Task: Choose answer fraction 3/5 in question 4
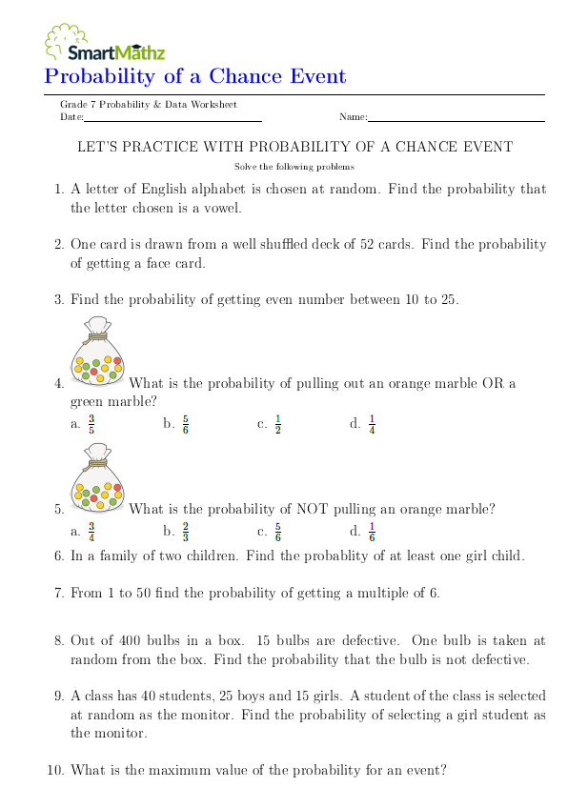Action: point(91,424)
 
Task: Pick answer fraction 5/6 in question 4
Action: point(185,424)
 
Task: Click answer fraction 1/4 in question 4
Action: point(372,424)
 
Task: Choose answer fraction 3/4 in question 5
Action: point(91,531)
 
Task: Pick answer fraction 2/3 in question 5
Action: point(185,531)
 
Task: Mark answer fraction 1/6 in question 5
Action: point(372,531)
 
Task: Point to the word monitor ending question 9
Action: point(122,733)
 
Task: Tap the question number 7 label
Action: point(58,593)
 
